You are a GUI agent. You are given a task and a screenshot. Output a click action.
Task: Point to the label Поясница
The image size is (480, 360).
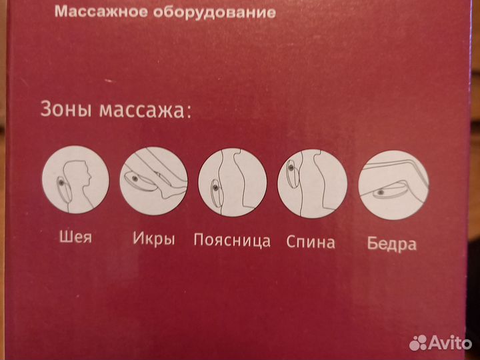[232, 240]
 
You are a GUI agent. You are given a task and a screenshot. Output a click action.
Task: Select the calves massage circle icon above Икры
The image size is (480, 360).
[153, 181]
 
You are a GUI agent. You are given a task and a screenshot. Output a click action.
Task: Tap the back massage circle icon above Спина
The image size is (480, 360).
[312, 184]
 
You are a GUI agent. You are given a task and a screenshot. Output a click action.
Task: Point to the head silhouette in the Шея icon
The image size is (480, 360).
[83, 171]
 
